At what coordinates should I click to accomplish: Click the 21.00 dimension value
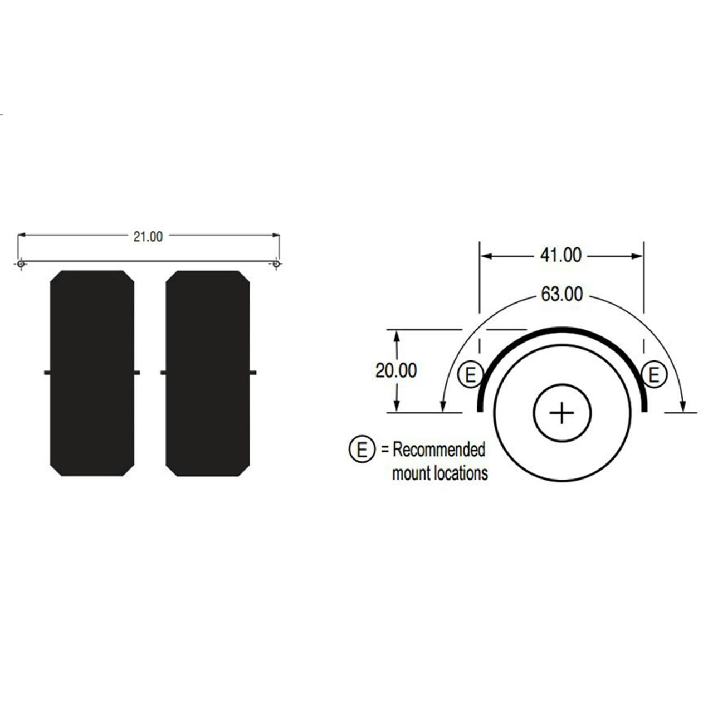148,237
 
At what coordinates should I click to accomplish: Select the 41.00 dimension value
560,255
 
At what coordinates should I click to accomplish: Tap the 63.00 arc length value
561,294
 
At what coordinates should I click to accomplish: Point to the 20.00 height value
395,370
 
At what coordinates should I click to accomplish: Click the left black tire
92,373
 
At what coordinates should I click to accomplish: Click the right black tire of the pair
208,373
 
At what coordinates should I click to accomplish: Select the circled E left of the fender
470,375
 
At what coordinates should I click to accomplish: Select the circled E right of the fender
654,375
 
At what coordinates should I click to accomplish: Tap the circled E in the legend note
362,449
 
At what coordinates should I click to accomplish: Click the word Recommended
439,449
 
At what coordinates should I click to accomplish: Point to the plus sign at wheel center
561,413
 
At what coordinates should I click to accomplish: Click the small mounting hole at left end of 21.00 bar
21,263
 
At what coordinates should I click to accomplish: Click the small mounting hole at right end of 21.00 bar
276,263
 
